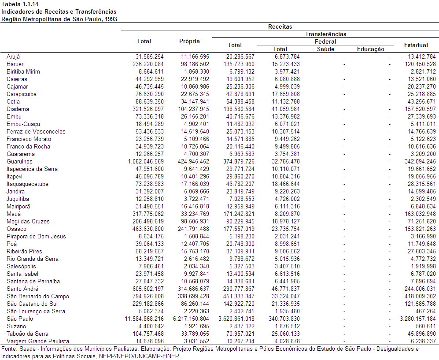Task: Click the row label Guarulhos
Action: [19, 161]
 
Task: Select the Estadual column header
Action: [416, 45]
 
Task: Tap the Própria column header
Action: [189, 41]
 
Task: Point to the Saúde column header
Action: [325, 49]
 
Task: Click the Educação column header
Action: [370, 49]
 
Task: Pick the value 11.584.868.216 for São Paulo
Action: [144, 319]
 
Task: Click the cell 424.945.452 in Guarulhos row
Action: [193, 161]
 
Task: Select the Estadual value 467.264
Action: [425, 311]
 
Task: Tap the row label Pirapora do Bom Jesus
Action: [36, 237]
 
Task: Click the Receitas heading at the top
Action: [280, 26]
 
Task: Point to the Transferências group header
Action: [325, 34]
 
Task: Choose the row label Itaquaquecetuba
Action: [27, 184]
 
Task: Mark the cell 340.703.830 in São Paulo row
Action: [284, 319]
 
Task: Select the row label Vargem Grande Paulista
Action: [38, 341]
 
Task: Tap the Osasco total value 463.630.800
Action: [148, 229]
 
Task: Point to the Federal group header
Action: [325, 42]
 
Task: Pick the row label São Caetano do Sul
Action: [32, 304]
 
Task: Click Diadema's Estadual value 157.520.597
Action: [420, 109]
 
